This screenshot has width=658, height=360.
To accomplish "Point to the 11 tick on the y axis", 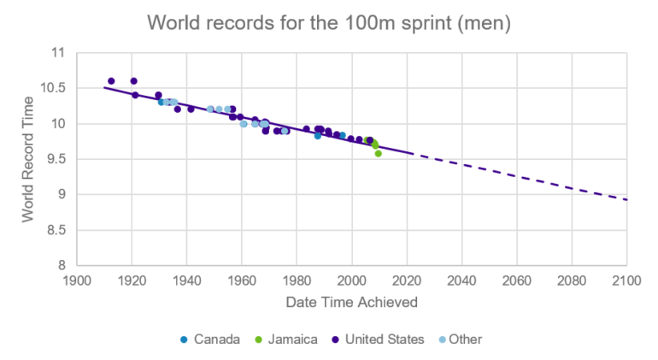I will click(x=58, y=53).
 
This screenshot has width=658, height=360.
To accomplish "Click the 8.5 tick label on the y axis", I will click(x=55, y=230).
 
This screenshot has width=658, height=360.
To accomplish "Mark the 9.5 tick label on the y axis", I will click(x=55, y=159).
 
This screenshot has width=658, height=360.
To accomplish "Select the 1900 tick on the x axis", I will click(x=77, y=280).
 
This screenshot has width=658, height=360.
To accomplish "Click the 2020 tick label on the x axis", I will click(x=407, y=280).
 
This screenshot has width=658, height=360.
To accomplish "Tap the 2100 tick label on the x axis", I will click(x=626, y=280).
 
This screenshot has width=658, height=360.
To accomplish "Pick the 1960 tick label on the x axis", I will click(x=242, y=280).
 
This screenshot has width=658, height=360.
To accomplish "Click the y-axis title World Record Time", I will click(x=28, y=159).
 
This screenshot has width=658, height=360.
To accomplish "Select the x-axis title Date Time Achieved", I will click(x=351, y=301).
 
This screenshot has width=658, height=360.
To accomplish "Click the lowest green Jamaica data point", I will click(x=378, y=153).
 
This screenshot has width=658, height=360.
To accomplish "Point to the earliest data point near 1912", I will click(x=111, y=81).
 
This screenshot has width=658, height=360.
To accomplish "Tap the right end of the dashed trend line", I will click(x=626, y=200).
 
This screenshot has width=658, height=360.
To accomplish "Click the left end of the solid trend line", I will click(x=104, y=87).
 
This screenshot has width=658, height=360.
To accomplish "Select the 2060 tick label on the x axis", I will click(x=516, y=280).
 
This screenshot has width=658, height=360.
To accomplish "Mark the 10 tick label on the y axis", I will click(x=58, y=124).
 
